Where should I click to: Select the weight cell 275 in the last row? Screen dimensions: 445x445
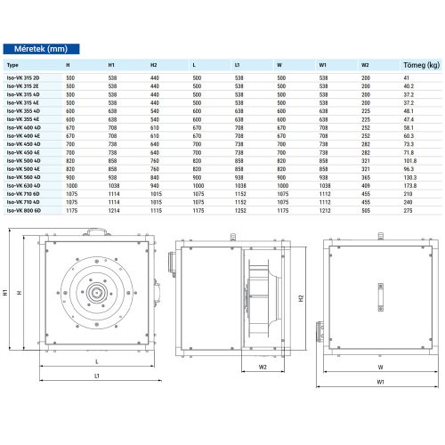[x=409, y=210]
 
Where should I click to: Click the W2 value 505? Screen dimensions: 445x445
[x=366, y=210]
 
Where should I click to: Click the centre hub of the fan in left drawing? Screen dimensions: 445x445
[x=94, y=289]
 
